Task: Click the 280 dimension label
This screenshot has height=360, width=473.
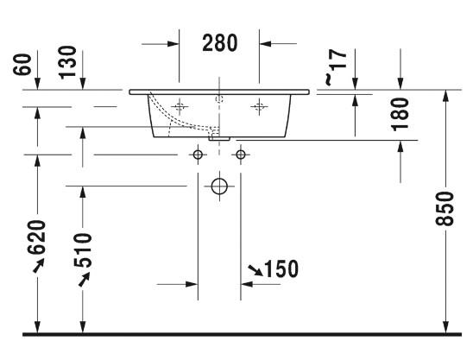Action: point(220,43)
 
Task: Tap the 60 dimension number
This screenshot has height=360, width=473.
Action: point(22,64)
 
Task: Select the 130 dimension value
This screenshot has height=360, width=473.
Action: point(67,62)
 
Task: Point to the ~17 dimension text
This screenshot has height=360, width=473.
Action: point(336,67)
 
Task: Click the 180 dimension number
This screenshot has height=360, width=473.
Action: point(400,114)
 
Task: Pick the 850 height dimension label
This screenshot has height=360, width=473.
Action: point(445,209)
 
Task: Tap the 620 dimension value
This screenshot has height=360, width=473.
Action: point(36,237)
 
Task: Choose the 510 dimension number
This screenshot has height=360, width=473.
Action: point(82,250)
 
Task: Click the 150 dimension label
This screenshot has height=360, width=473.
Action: point(281,268)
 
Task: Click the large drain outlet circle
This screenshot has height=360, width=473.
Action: point(219,186)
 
